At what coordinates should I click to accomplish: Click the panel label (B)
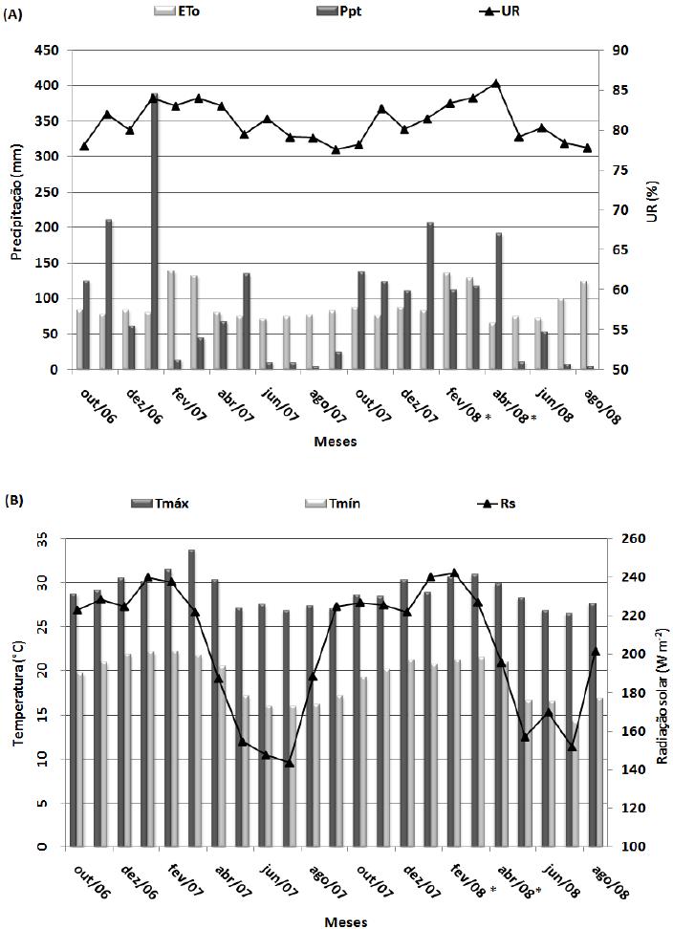[13, 501]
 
